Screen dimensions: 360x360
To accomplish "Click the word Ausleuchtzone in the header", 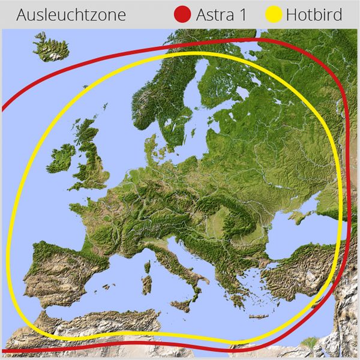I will [x=71, y=14].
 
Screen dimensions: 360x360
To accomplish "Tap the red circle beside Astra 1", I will [x=182, y=14].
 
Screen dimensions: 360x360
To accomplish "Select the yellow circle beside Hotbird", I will [x=275, y=14].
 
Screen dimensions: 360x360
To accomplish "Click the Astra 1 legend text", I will [x=221, y=14].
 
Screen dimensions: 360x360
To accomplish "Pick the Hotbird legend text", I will [x=314, y=14].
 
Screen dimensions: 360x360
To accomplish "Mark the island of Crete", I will [x=258, y=316].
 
